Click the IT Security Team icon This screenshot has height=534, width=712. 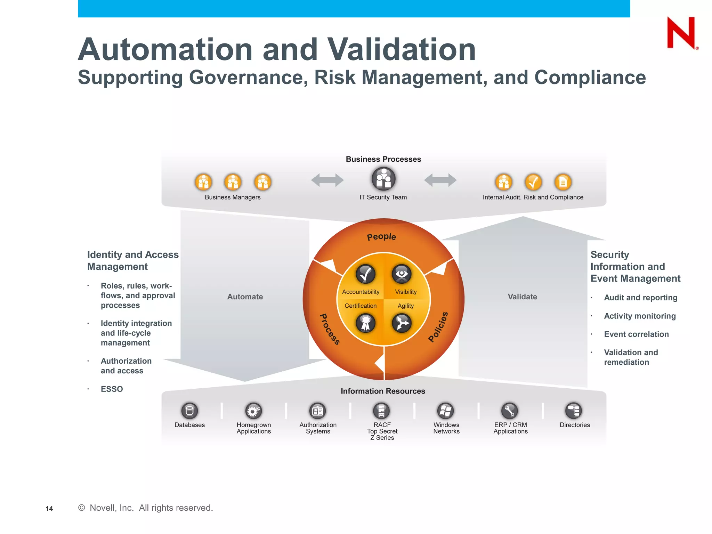383,179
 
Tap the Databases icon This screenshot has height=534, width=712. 189,411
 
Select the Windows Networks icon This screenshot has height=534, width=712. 446,411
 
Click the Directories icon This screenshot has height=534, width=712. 574,411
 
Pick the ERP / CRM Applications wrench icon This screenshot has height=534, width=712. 510,411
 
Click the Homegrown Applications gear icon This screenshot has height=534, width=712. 253,411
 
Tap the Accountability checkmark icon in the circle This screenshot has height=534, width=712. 365,274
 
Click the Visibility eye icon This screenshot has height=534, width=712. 402,274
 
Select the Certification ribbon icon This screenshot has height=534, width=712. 365,323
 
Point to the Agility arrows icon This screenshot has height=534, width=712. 402,323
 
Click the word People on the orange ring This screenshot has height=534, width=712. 381,237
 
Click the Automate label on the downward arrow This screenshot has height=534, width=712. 245,297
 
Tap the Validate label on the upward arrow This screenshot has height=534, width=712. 522,297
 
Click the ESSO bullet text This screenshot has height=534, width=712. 112,389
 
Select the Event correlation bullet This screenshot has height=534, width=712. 636,334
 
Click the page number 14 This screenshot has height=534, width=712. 49,509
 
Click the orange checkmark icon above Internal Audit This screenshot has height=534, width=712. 533,182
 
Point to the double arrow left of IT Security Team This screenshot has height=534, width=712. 327,180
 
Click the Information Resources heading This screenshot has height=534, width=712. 383,391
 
